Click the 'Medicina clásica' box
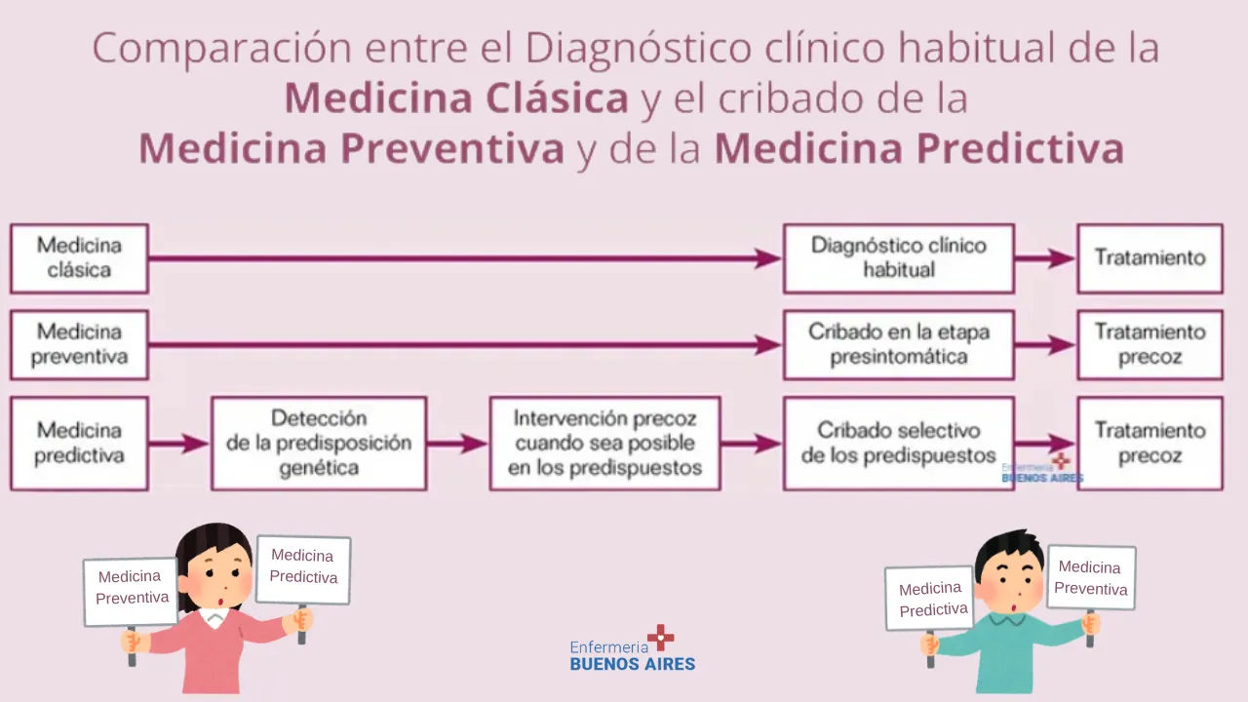tap(79, 258)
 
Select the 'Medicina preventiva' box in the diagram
tap(79, 345)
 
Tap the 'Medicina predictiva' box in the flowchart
tap(79, 444)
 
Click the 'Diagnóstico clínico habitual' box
tap(899, 258)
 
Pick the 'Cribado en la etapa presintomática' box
tap(899, 345)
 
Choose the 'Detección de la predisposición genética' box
tap(319, 444)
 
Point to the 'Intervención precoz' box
tap(605, 444)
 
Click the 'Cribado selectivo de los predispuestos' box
tap(899, 444)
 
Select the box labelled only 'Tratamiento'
tap(1150, 258)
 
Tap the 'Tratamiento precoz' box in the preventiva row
tap(1150, 345)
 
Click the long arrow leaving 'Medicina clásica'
tap(465, 258)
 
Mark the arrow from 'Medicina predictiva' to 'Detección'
tap(179, 444)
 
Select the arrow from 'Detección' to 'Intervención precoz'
tap(457, 444)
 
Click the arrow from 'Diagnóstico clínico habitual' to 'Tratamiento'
tap(1045, 258)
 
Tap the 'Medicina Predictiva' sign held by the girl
tap(303, 569)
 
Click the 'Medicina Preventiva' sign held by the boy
tap(1091, 577)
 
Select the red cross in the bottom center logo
tap(661, 638)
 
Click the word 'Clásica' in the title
tap(557, 98)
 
